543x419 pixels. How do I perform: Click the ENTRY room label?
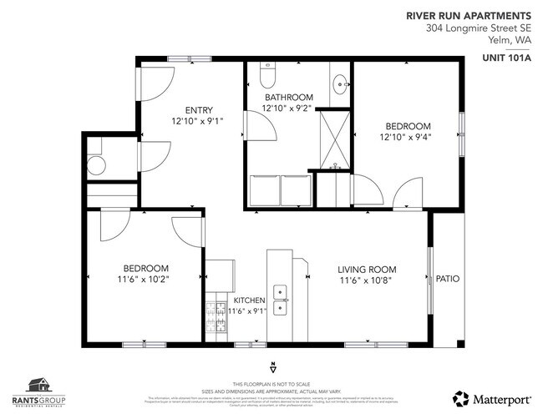pyautogui.click(x=199, y=109)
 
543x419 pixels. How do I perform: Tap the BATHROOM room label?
pyautogui.click(x=287, y=97)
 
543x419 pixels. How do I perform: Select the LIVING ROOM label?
pyautogui.click(x=367, y=269)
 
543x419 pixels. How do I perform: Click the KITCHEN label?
pyautogui.click(x=249, y=300)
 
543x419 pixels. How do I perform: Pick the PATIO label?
pyautogui.click(x=448, y=279)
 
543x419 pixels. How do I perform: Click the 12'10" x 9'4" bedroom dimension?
pyautogui.click(x=404, y=137)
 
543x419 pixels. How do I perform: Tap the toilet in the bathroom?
pyautogui.click(x=267, y=78)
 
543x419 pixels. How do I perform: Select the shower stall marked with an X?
pyautogui.click(x=335, y=139)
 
